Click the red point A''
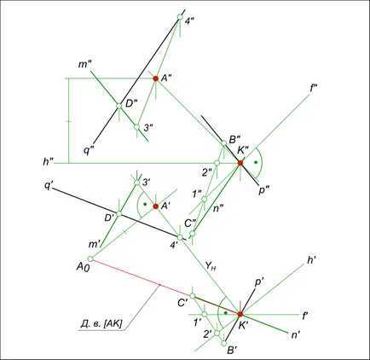[155, 78]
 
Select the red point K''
[240, 163]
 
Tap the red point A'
[155, 206]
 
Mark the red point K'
[240, 314]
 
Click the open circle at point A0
[90, 258]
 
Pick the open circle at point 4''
[180, 17]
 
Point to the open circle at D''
[119, 106]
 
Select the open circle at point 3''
[136, 127]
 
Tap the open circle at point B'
[224, 343]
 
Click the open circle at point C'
[193, 296]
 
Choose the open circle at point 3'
[136, 183]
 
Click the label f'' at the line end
[314, 89]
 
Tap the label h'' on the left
[49, 161]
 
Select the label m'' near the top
[84, 65]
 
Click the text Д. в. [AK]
[101, 323]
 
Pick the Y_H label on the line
[210, 266]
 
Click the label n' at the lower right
[296, 335]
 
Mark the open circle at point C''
[193, 234]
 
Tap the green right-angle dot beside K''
[256, 162]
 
